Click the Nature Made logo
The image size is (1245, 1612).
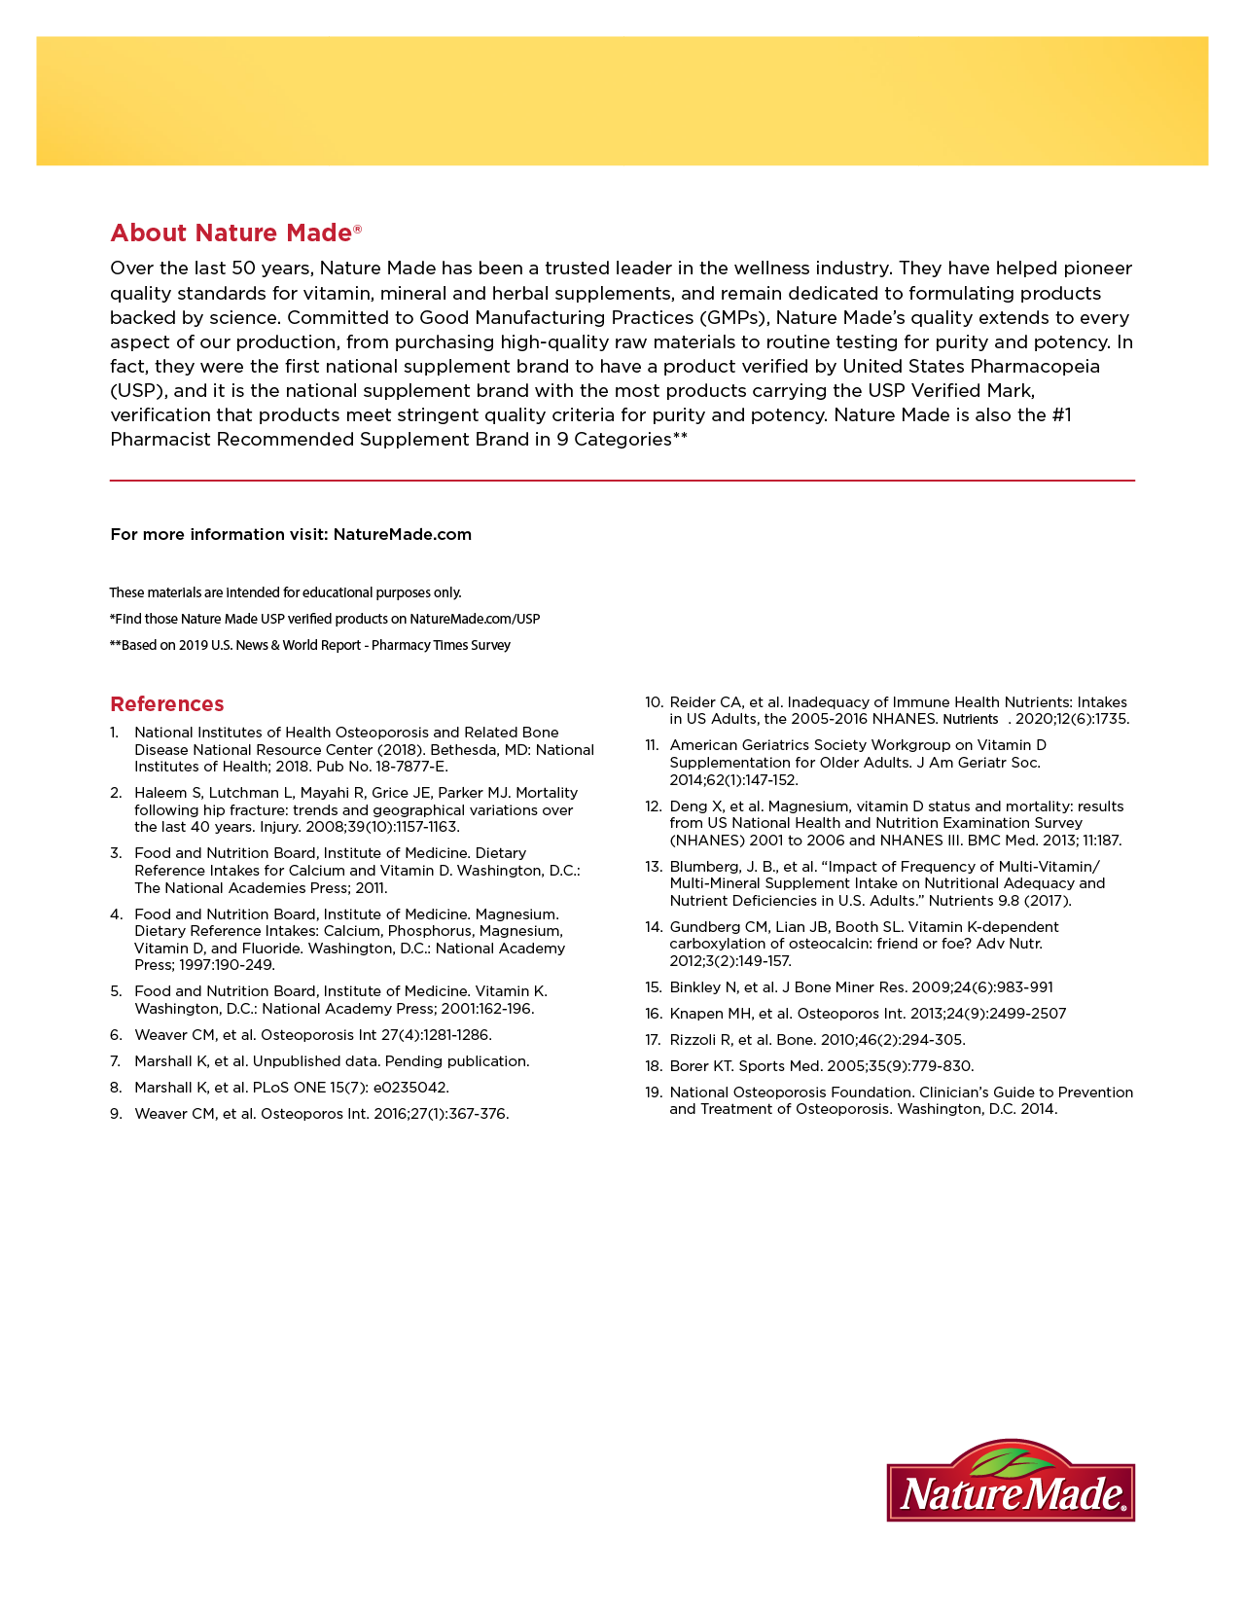pos(1011,1484)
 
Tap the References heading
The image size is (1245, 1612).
pos(167,704)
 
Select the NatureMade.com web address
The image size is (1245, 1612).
pos(402,534)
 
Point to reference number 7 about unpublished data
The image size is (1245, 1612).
pos(332,1061)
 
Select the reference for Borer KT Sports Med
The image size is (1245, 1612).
pos(821,1066)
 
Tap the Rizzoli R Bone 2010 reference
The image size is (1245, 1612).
pos(817,1040)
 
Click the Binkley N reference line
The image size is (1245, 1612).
pos(861,987)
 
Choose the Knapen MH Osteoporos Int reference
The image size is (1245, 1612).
pos(868,1014)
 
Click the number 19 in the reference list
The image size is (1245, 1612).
pos(653,1093)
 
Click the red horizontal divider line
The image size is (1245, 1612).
pos(622,481)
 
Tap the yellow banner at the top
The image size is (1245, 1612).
pos(622,101)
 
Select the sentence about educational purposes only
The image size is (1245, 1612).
pos(285,592)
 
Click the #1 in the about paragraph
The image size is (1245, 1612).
pos(1061,415)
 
